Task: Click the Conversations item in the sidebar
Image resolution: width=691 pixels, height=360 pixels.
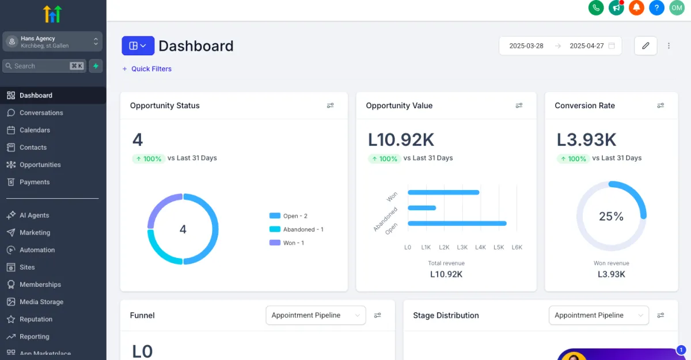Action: click(41, 113)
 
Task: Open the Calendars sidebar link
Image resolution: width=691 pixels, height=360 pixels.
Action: click(35, 130)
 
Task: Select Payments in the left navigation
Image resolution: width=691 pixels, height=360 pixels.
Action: click(35, 182)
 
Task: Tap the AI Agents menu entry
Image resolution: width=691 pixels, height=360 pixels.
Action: click(34, 215)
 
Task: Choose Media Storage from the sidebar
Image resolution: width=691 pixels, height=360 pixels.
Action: click(41, 302)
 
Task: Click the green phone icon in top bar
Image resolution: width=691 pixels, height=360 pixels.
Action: click(596, 7)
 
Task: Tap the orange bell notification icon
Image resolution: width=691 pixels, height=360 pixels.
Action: click(636, 7)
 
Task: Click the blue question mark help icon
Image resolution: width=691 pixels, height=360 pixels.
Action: click(656, 7)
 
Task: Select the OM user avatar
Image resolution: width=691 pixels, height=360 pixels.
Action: click(676, 7)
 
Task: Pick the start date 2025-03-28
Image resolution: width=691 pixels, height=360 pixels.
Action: click(526, 46)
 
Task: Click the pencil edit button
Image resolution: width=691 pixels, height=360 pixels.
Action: click(646, 46)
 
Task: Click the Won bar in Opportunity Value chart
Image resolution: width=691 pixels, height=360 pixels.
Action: click(443, 192)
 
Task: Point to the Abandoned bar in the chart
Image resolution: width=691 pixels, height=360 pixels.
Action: click(422, 208)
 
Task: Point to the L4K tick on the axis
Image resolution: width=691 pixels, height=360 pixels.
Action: click(480, 247)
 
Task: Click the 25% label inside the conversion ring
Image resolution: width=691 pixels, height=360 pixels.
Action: click(611, 217)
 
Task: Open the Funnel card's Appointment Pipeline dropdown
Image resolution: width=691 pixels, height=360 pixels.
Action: click(316, 316)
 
